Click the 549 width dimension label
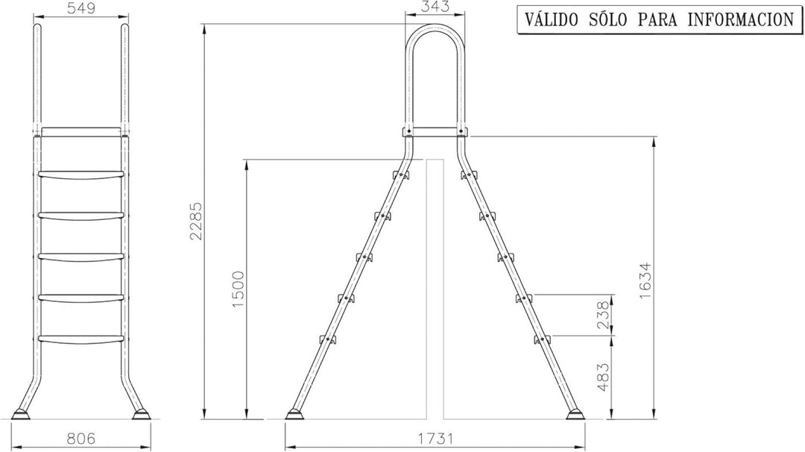(81, 9)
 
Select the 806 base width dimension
(81, 439)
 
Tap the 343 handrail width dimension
(435, 6)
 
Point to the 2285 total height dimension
(196, 221)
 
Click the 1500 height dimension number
(239, 289)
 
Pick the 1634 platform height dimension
(645, 281)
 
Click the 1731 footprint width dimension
(435, 439)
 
